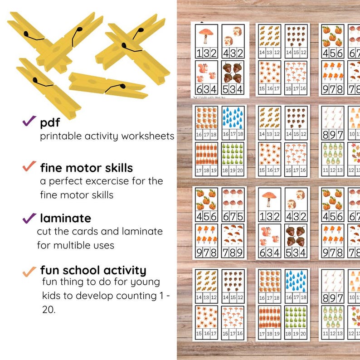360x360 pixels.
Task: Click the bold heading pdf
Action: coord(50,122)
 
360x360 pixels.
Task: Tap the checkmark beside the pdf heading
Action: coord(29,121)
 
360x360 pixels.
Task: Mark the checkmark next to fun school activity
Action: coord(29,271)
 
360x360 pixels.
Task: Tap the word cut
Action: coord(44,231)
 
